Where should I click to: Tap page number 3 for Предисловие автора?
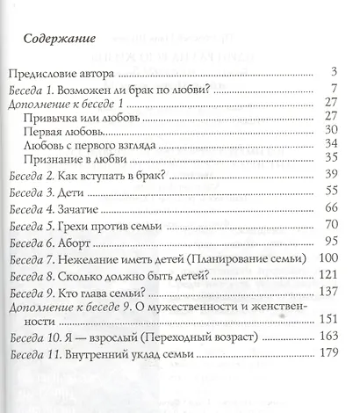(337, 71)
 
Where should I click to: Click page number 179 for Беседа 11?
(330, 354)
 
